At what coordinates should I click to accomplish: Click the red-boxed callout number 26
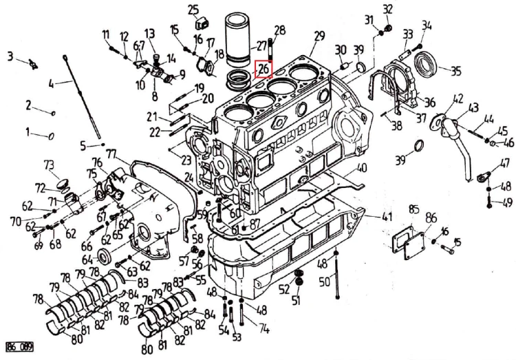[x=264, y=69]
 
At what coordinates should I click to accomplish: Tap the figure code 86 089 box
[x=19, y=346]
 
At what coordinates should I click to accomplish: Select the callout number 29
[x=319, y=36]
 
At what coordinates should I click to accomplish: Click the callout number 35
[x=455, y=70]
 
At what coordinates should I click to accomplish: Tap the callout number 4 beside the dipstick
[x=51, y=85]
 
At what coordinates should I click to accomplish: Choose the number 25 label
[x=193, y=9]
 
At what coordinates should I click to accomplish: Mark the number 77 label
[x=111, y=153]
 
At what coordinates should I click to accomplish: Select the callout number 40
[x=361, y=168]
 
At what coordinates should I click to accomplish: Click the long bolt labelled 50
[x=336, y=275]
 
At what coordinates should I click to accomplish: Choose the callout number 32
[x=388, y=9]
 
